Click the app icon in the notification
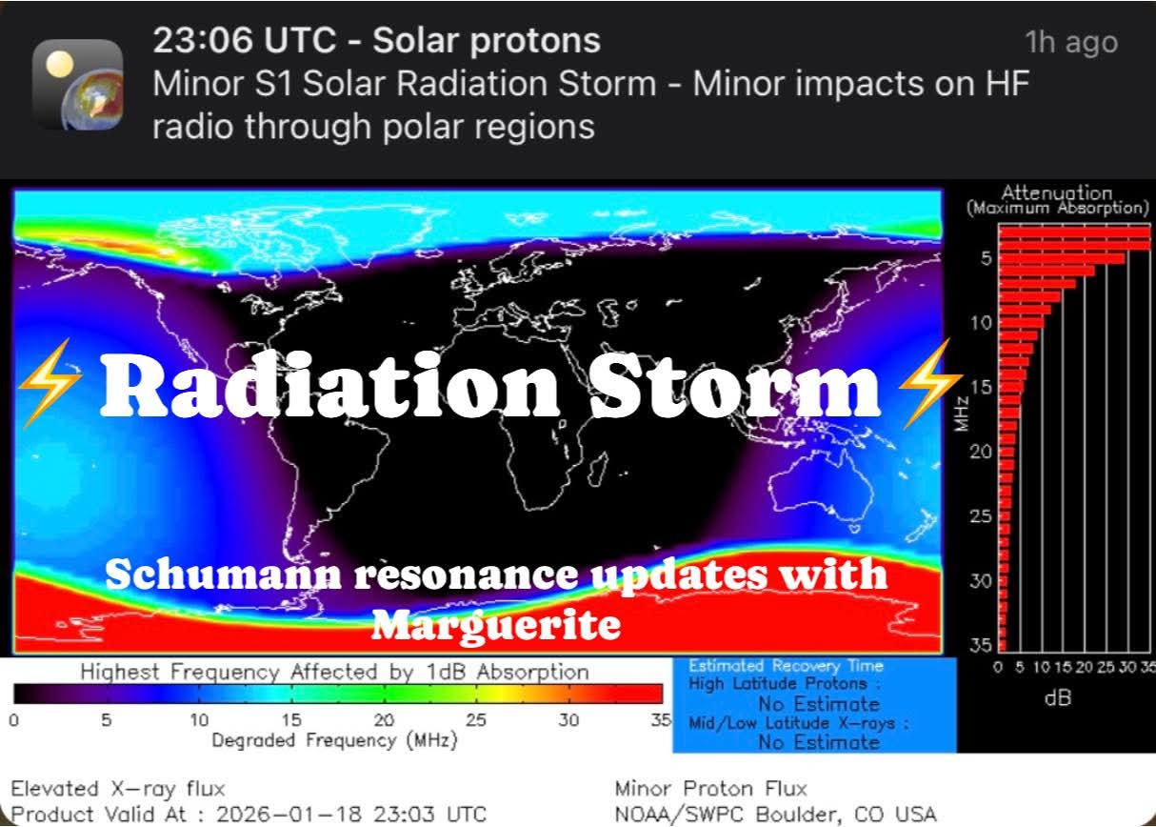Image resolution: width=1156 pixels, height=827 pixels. click(77, 84)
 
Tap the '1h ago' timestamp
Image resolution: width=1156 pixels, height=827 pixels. click(1071, 42)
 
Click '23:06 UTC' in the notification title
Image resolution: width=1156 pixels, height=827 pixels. click(245, 40)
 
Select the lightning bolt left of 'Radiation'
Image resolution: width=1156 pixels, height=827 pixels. click(50, 383)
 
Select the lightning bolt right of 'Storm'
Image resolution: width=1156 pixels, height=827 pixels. click(930, 383)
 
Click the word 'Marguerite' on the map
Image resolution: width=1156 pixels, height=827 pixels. click(496, 625)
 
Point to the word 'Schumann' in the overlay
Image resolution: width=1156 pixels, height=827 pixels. click(223, 575)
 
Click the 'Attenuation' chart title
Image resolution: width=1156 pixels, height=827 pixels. click(1056, 193)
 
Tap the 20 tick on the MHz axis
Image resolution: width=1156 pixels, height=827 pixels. click(981, 453)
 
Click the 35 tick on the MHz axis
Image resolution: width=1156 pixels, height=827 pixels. click(981, 645)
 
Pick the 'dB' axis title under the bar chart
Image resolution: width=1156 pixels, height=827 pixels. click(1057, 698)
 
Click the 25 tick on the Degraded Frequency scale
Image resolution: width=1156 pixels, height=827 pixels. click(476, 720)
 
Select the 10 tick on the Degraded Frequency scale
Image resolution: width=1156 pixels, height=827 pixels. click(199, 720)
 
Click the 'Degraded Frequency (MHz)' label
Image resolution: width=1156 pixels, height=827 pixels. click(334, 741)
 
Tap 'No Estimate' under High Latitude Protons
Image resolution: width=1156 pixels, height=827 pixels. click(819, 704)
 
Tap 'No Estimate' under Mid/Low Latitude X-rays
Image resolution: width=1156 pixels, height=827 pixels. click(819, 742)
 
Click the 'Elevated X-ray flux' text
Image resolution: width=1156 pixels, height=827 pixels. click(118, 789)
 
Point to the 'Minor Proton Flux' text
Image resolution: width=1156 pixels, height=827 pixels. click(710, 789)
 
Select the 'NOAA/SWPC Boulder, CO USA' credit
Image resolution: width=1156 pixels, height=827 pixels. click(775, 815)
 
